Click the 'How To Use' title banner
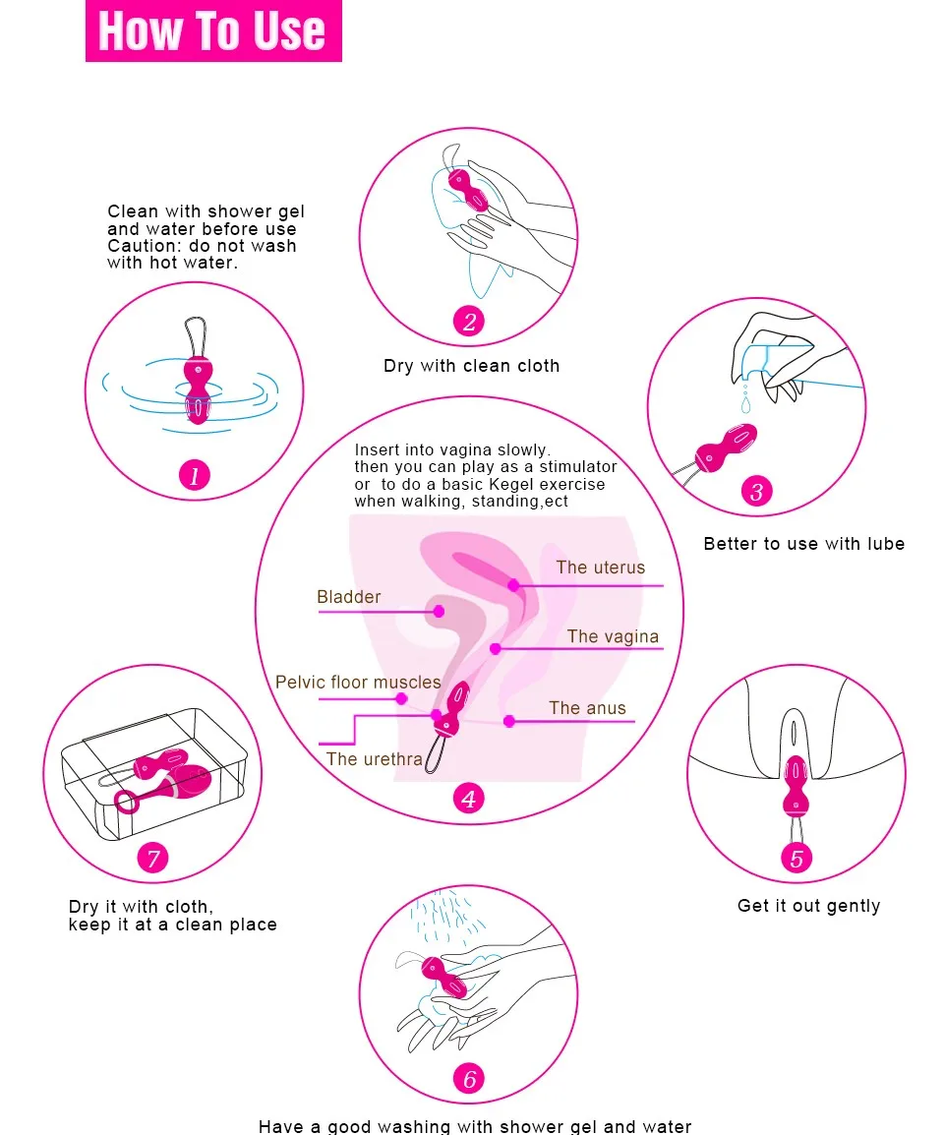[x=213, y=30]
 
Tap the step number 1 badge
[x=194, y=476]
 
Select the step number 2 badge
[x=469, y=321]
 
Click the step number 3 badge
[x=756, y=491]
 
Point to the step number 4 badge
[x=469, y=799]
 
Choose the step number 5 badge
[x=796, y=858]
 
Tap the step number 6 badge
[x=469, y=1078]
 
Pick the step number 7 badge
[x=152, y=859]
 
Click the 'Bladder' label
[x=348, y=597]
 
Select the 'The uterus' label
[x=600, y=567]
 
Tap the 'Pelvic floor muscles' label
[x=358, y=682]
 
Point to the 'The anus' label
[x=587, y=708]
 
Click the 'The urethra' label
[x=375, y=759]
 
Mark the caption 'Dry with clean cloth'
[x=471, y=366]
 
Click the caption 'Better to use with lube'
[x=803, y=544]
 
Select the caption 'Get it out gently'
[x=808, y=906]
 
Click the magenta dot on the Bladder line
[x=440, y=611]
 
